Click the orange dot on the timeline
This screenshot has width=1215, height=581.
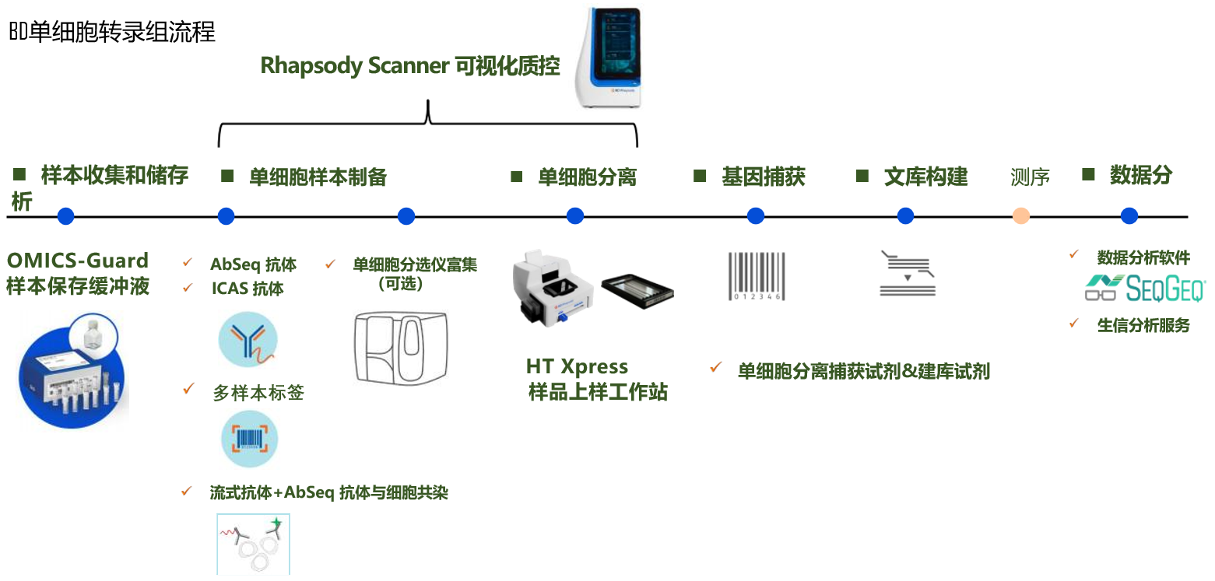pos(1021,216)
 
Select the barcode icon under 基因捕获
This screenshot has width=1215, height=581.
pos(756,276)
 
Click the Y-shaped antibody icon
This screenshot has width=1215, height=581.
pos(248,340)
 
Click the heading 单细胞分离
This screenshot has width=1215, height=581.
pos(587,177)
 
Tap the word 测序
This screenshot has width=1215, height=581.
pos(1030,177)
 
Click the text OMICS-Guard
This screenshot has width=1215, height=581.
pos(77,261)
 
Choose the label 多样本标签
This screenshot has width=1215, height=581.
pos(258,393)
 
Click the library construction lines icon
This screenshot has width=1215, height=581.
pos(907,274)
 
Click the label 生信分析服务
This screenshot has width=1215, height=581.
pos(1143,325)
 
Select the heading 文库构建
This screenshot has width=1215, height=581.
pos(925,177)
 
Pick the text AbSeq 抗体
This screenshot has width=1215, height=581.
pos(253,264)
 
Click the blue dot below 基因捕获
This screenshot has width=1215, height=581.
pos(756,216)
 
